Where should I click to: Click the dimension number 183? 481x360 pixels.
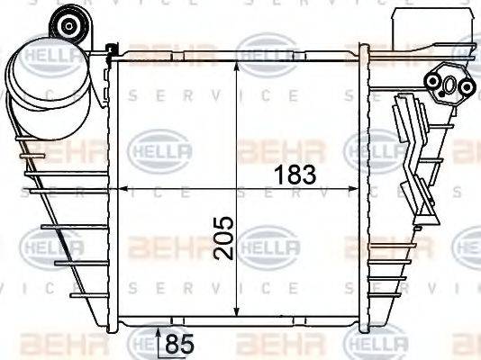click(296, 175)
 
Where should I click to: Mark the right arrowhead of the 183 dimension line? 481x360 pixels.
click(358, 189)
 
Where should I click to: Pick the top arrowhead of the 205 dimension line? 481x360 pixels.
click(236, 70)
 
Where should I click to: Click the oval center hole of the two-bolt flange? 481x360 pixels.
click(447, 85)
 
